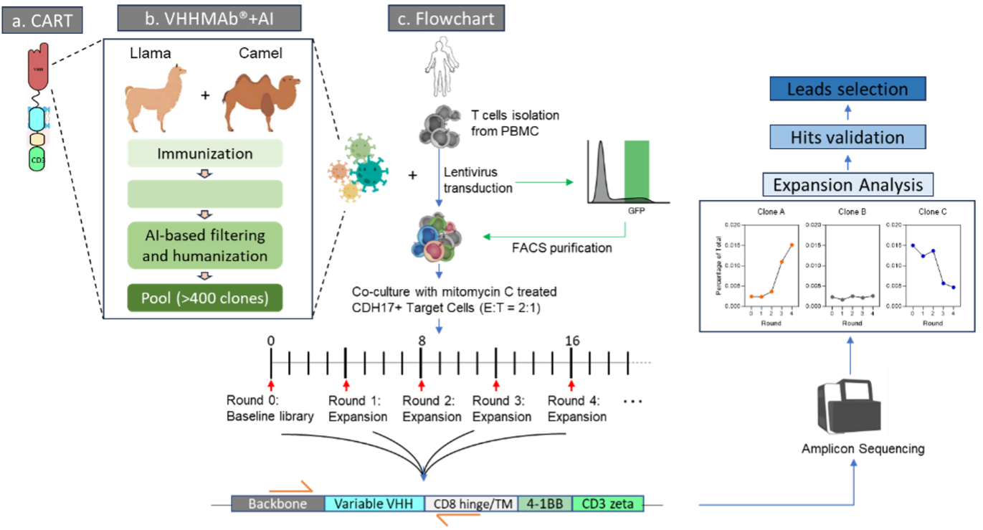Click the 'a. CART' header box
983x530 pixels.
[42, 20]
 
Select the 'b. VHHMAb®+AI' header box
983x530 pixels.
[209, 19]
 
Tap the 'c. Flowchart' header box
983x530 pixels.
[446, 19]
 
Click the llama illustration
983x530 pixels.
[152, 95]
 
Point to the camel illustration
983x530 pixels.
[260, 101]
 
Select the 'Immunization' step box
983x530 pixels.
[205, 153]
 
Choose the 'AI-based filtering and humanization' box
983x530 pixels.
[205, 245]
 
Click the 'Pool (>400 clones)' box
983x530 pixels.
[205, 298]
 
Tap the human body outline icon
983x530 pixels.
[440, 65]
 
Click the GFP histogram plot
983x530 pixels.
[627, 176]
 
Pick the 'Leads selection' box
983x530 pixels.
[847, 90]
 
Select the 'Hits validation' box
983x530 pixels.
[847, 137]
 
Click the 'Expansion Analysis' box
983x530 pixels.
[847, 185]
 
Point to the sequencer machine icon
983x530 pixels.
[847, 402]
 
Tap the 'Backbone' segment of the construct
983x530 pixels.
[277, 503]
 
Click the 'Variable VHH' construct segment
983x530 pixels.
[374, 503]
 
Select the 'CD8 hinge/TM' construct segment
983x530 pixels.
[471, 503]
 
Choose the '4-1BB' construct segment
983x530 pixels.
[545, 503]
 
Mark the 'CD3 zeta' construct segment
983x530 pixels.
[608, 503]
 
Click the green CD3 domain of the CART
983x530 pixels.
[37, 158]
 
